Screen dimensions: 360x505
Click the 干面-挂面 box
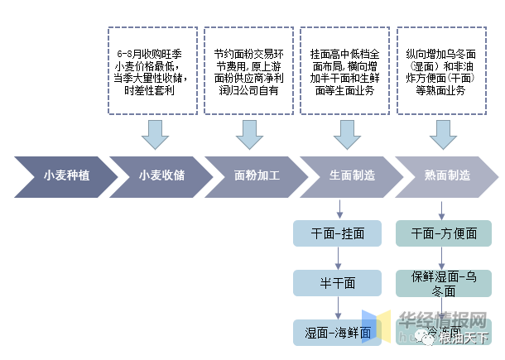point(337,233)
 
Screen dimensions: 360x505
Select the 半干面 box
point(337,283)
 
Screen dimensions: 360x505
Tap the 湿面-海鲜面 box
point(337,333)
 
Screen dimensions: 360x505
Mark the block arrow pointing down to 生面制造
point(343,132)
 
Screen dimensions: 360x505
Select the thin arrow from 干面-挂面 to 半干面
point(338,258)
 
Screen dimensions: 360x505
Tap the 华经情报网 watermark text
point(443,319)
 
